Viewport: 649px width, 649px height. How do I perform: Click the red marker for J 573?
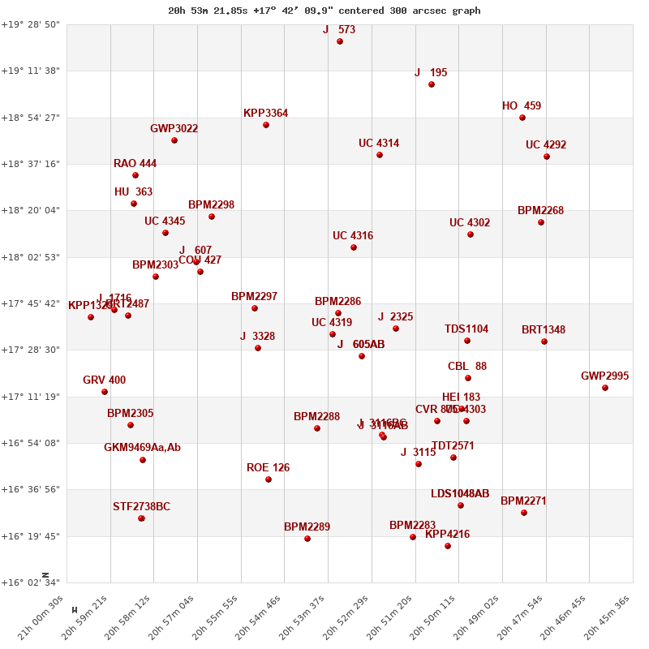coord(340,41)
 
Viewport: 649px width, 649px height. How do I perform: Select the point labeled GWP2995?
coord(605,388)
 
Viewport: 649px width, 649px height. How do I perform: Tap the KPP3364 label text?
coord(265,114)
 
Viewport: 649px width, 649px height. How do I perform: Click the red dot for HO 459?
coord(522,118)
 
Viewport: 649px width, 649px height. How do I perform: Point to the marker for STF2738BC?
coord(141,518)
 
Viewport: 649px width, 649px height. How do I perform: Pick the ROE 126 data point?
coord(269,479)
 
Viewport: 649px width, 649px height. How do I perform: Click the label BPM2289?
coord(307,527)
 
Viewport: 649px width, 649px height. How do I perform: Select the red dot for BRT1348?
coord(544,342)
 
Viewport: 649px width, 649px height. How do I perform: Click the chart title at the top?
coord(324,11)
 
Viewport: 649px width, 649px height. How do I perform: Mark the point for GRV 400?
coord(105,392)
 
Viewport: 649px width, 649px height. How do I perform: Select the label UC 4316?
coord(353,236)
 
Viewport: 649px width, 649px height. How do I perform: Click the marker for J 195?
coord(432,84)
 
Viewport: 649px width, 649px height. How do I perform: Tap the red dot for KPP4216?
coord(448,546)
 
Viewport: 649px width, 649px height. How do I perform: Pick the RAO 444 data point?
coord(135,175)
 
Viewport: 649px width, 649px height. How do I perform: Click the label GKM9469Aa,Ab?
coord(142,448)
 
